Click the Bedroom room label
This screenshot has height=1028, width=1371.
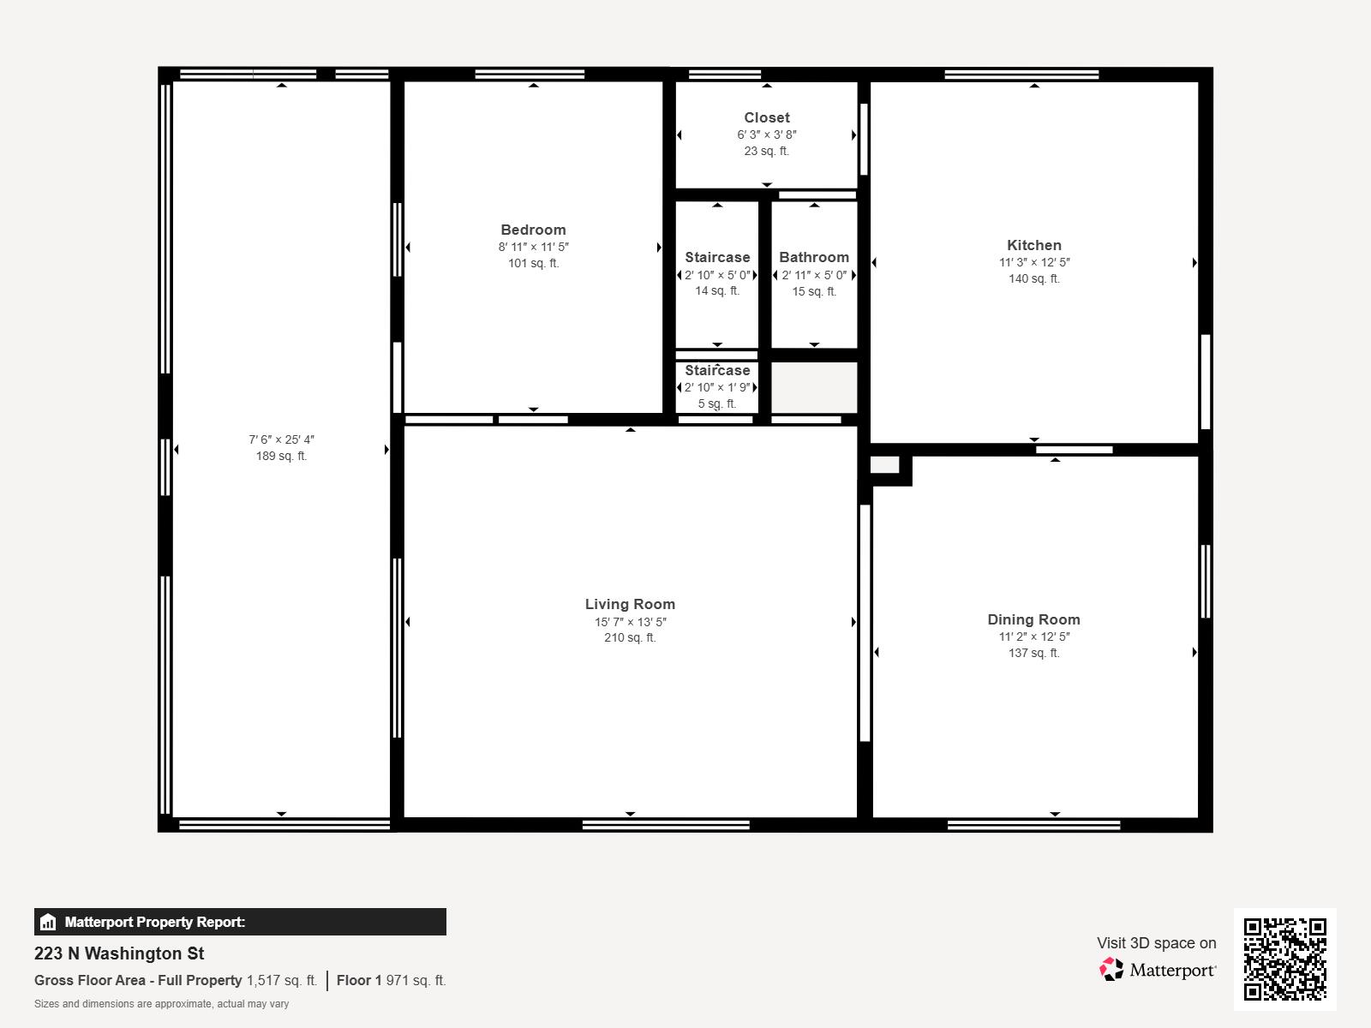tap(533, 230)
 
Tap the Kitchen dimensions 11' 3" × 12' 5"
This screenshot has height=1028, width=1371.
tap(1033, 262)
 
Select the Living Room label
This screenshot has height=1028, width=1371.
tap(630, 604)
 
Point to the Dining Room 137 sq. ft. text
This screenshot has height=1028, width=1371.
tap(1033, 653)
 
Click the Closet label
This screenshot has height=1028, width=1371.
tap(766, 117)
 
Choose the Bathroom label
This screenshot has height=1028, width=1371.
tap(813, 257)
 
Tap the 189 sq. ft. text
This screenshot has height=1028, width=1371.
tap(281, 456)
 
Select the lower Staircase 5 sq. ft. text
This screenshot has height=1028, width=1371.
tap(717, 403)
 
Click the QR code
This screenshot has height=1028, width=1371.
tap(1284, 959)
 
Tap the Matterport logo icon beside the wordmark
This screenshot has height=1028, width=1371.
tap(1111, 969)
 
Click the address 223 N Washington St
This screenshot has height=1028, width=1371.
tap(119, 953)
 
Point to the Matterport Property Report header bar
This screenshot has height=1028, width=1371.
tap(240, 922)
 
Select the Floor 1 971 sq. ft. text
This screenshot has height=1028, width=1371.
tap(391, 980)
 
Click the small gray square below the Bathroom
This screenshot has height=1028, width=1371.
tap(813, 387)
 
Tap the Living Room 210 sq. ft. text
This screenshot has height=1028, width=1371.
tap(630, 637)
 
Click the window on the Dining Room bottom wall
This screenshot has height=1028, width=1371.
tap(1033, 825)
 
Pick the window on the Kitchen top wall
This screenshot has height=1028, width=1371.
tap(1021, 75)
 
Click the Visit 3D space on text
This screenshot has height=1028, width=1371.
tap(1156, 942)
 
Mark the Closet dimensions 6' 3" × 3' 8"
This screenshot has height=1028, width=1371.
tap(766, 134)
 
